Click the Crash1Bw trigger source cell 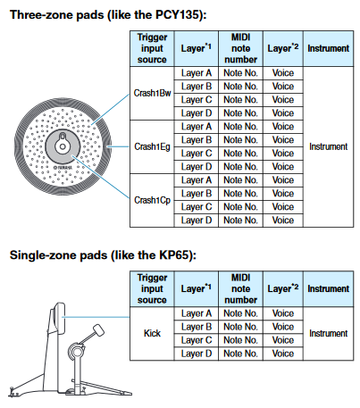(x=152, y=93)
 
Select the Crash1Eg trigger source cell (x=152, y=146)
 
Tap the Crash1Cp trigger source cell (x=152, y=200)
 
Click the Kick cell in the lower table (x=152, y=333)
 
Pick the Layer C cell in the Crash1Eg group (x=197, y=154)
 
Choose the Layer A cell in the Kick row (x=197, y=313)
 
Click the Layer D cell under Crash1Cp (x=197, y=221)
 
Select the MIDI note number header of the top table (x=240, y=48)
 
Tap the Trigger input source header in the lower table (x=152, y=288)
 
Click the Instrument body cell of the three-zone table (x=329, y=146)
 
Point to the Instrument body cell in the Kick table (x=329, y=333)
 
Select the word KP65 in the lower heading (x=174, y=255)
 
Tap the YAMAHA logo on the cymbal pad (x=63, y=168)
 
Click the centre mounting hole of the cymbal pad (x=63, y=146)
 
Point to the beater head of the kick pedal (x=98, y=330)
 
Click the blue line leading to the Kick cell (x=96, y=317)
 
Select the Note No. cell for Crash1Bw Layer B (x=240, y=87)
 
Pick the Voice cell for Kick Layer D (x=283, y=354)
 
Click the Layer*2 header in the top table (x=283, y=48)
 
